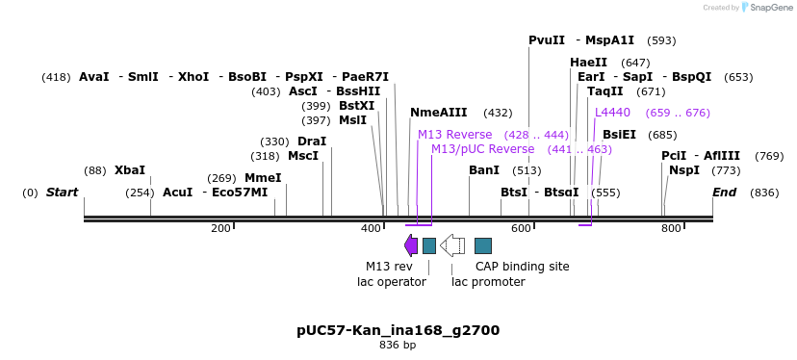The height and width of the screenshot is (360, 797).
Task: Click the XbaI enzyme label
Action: pos(130,170)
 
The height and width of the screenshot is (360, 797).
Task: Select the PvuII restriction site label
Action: pos(547,40)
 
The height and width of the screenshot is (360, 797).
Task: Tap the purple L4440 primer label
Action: pos(612,113)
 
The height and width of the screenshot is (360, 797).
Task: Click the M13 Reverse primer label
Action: pos(454,135)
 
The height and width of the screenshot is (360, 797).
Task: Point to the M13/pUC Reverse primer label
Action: pos(482,149)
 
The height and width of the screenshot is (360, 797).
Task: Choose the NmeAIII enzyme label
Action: pos(439,113)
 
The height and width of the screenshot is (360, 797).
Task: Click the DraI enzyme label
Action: pos(312,141)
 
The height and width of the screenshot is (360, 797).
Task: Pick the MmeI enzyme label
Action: pos(263,178)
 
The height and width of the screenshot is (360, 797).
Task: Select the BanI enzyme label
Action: pos(484,170)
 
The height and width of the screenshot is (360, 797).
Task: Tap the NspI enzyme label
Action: pos(684,170)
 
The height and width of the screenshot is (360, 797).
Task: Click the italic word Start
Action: pos(62,193)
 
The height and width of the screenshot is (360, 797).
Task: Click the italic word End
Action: pos(724,193)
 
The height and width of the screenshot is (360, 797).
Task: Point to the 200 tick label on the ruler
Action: pos(220,228)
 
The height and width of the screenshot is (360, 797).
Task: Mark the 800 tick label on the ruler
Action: pos(671,228)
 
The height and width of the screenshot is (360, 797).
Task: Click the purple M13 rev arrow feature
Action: pos(411,245)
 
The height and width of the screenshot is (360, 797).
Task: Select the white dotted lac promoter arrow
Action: pos(452,245)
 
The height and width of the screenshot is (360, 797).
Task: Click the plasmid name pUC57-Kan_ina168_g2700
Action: pos(398,330)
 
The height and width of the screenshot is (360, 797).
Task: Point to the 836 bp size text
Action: pos(398,345)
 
